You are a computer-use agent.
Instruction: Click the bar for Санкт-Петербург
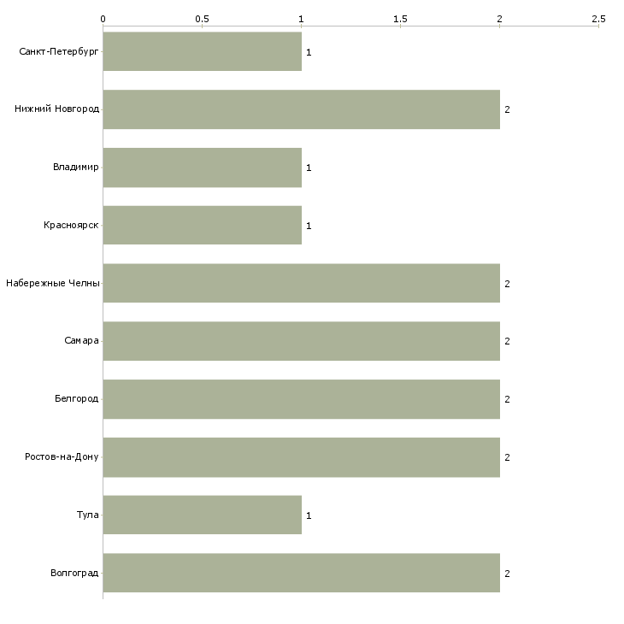point(202,51)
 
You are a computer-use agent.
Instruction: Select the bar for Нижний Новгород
point(301,109)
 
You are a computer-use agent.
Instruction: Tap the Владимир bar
point(202,168)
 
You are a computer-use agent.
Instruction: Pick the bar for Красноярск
point(202,226)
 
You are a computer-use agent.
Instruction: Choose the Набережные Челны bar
point(301,283)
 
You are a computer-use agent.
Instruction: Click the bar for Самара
point(301,341)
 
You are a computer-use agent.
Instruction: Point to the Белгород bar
point(301,399)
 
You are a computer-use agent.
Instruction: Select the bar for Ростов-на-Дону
point(301,457)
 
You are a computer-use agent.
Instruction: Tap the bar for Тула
point(202,515)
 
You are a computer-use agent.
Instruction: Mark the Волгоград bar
point(301,573)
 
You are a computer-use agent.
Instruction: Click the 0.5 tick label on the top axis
point(202,18)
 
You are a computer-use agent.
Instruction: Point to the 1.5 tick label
point(400,18)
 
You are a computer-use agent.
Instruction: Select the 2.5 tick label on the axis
point(598,18)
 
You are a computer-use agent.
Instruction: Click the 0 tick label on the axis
point(103,18)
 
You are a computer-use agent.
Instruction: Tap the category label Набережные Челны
point(53,283)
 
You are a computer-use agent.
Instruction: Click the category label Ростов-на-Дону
point(62,457)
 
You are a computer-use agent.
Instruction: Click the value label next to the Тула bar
point(309,515)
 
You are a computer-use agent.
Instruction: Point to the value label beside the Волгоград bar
point(507,574)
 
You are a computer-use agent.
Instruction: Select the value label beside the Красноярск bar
point(309,226)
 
